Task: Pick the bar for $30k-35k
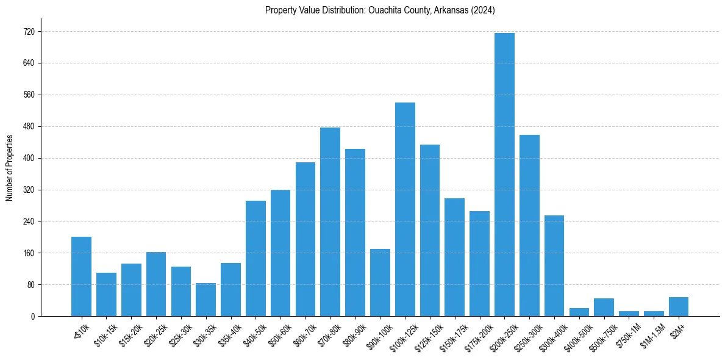(x=205, y=300)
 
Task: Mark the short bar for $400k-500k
(x=579, y=312)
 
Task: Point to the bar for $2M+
(x=679, y=307)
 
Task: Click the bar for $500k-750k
(x=604, y=308)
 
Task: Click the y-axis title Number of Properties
(x=9, y=167)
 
